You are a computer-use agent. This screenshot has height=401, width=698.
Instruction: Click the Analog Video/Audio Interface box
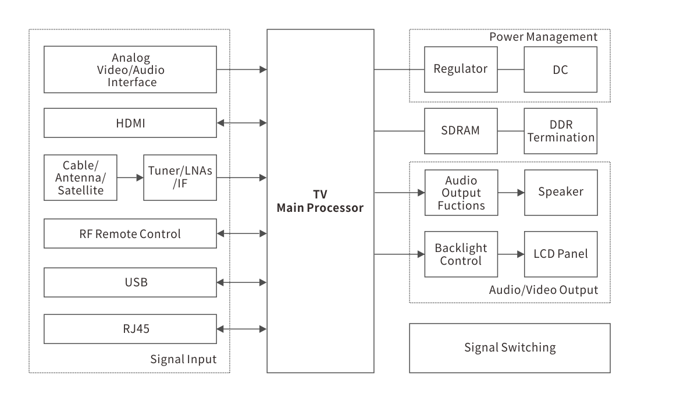tap(130, 70)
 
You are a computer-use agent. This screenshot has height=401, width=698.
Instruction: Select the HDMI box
tap(130, 123)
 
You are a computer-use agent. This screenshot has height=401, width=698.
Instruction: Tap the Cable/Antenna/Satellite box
tap(80, 178)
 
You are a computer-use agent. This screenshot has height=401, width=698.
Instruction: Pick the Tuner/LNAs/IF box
tap(180, 178)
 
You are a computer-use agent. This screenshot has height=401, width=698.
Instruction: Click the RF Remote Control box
tap(130, 233)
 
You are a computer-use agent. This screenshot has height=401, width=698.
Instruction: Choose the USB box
tap(130, 282)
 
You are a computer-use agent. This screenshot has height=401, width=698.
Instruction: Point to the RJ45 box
tap(130, 329)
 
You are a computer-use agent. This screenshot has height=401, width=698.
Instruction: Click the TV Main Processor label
tap(320, 201)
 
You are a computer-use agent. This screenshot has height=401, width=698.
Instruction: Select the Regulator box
tap(461, 69)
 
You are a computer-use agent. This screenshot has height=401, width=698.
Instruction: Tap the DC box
tap(561, 70)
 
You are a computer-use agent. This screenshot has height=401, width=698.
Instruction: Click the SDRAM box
tap(461, 130)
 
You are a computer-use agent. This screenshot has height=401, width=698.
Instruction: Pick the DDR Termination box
tap(561, 131)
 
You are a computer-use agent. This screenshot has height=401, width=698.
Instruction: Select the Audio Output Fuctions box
tap(461, 192)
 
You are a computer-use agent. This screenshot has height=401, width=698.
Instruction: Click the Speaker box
tap(561, 192)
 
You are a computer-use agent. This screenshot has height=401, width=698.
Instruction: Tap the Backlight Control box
tap(461, 254)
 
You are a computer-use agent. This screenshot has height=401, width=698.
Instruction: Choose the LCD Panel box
tap(561, 254)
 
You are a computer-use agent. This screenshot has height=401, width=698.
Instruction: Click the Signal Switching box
tap(510, 348)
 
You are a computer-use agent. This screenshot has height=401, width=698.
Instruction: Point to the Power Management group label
tap(543, 37)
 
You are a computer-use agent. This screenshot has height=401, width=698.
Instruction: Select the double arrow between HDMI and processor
tap(241, 123)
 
